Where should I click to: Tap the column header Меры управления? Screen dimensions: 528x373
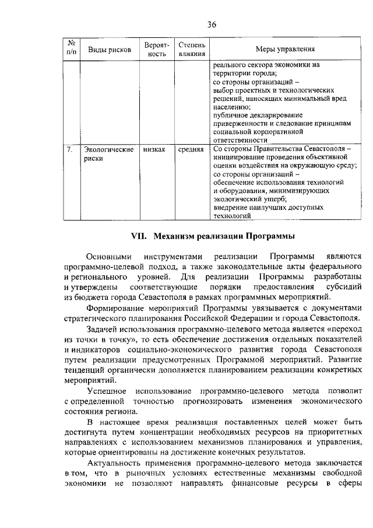tap(285, 50)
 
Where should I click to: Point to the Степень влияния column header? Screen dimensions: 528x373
tap(192, 50)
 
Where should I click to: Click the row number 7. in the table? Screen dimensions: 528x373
tap(69, 150)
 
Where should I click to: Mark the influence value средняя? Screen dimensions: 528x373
tap(191, 150)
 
